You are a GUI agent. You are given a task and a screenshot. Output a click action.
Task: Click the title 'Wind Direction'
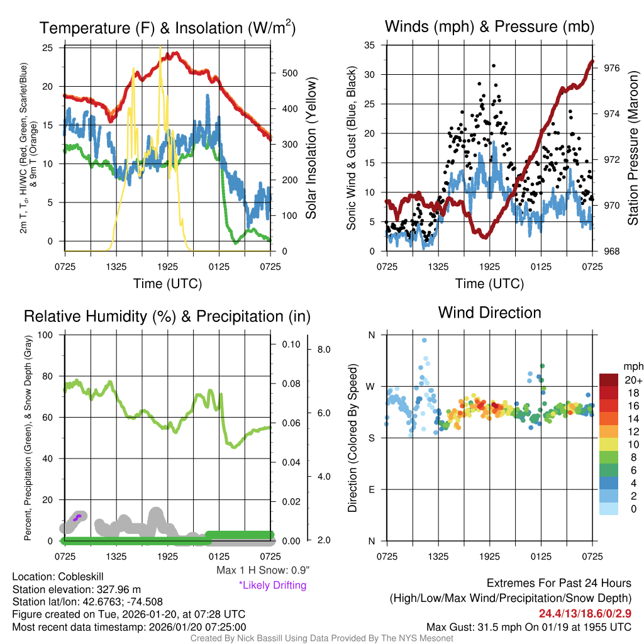489,313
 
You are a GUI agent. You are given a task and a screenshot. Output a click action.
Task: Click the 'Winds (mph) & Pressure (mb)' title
489,26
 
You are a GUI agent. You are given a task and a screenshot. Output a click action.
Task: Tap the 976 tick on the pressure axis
612,68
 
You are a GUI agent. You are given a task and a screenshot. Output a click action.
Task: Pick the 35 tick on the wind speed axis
369,45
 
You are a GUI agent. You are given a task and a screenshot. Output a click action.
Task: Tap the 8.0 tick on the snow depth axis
323,349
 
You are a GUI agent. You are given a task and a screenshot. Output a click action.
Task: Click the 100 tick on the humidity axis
46,335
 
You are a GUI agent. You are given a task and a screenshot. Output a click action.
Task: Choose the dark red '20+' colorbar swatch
610,380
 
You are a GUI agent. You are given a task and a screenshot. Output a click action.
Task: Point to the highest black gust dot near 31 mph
494,65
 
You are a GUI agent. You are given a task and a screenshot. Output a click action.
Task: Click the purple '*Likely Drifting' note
272,586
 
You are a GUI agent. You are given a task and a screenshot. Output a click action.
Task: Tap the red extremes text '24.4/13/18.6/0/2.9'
585,613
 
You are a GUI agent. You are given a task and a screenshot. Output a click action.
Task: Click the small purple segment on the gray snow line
77,518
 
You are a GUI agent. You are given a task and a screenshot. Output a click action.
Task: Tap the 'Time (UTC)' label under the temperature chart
167,284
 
